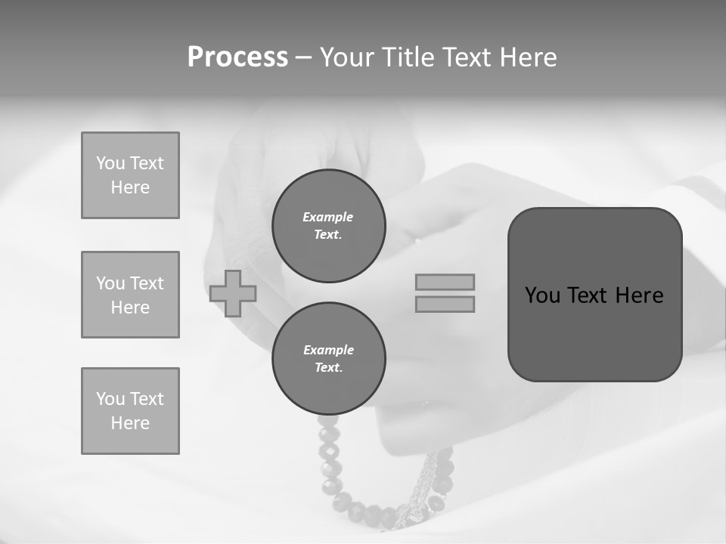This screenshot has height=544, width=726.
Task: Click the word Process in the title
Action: pos(237,57)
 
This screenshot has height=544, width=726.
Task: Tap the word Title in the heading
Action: pos(407,57)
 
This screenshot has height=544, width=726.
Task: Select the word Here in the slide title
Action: pos(527,57)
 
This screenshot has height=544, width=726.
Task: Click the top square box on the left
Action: pos(130,175)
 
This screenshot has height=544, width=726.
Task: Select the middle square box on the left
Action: pos(130,295)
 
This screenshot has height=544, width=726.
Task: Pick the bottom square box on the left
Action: pos(130,411)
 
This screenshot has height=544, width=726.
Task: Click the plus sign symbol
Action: pos(233,293)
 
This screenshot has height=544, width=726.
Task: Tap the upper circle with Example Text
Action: pos(329,226)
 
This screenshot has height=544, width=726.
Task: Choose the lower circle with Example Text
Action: pos(329,359)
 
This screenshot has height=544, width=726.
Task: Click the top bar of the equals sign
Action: pos(445,282)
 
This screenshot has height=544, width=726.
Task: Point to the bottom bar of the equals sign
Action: pos(445,304)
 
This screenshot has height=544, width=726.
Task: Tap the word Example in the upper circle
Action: pos(328,217)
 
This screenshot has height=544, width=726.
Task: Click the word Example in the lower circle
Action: pos(328,350)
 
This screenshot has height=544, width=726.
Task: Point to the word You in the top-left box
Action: pos(110,163)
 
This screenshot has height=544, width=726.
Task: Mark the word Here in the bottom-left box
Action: pos(130,423)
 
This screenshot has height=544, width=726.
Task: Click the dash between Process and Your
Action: pos(303,57)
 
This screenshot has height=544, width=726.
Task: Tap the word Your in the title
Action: pos(349,57)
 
